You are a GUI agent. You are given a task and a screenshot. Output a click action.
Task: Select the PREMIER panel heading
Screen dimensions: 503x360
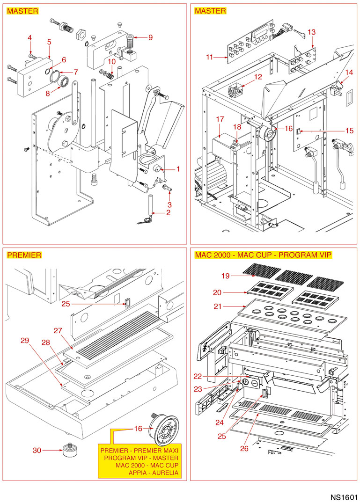(24, 255)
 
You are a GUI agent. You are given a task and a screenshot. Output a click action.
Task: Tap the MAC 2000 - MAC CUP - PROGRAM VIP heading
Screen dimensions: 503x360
(263, 255)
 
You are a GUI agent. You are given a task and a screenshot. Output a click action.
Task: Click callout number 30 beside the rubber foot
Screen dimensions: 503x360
(37, 451)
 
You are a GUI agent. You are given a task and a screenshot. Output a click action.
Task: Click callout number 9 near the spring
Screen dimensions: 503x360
(151, 37)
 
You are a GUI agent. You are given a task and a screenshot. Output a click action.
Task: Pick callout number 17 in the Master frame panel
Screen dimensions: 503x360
(220, 119)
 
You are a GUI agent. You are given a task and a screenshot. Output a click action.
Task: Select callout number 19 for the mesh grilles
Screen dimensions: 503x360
(226, 276)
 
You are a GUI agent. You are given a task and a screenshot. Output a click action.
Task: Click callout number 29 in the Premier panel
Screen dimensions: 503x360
(25, 341)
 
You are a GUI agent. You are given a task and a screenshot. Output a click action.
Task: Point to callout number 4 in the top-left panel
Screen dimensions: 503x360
(29, 37)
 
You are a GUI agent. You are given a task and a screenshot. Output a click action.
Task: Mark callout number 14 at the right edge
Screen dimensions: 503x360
(349, 73)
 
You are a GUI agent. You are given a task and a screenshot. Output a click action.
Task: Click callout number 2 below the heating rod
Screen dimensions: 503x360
(168, 213)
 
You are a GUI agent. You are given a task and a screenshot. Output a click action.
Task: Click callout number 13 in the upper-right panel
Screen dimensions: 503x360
(311, 32)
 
